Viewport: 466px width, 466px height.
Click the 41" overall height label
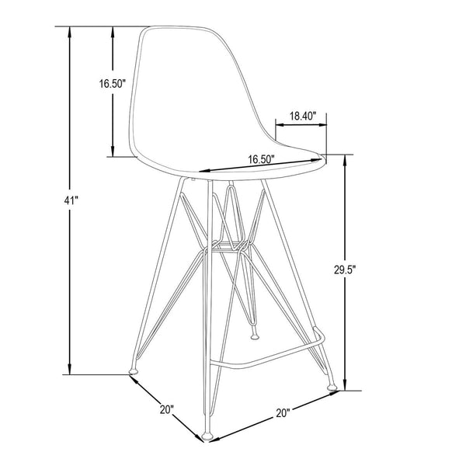pyautogui.click(x=71, y=200)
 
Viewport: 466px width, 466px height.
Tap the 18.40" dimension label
pyautogui.click(x=301, y=116)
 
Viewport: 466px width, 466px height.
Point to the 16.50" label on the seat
pyautogui.click(x=262, y=159)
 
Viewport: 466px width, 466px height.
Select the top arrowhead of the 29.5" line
pyautogui.click(x=345, y=160)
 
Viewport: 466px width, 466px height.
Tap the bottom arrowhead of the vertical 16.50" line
pyautogui.click(x=113, y=152)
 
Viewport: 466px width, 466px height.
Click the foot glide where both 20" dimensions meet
pyautogui.click(x=206, y=435)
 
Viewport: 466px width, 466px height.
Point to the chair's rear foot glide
pyautogui.click(x=255, y=337)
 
